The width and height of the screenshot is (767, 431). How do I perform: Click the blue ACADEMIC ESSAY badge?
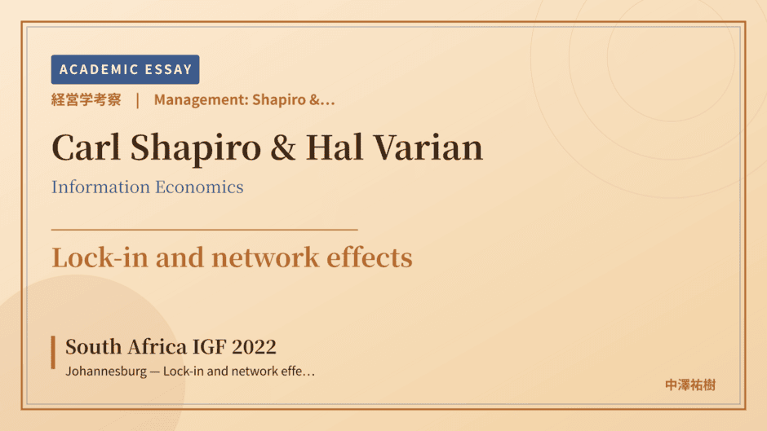point(125,69)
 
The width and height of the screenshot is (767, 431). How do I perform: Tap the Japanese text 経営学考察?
point(86,99)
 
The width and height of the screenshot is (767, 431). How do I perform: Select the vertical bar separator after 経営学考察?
point(137,100)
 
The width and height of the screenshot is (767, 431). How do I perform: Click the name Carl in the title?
point(86,147)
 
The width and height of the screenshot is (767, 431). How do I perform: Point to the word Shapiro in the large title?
point(196,148)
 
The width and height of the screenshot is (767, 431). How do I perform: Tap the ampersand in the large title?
point(283,147)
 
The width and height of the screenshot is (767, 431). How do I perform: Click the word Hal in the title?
point(335,147)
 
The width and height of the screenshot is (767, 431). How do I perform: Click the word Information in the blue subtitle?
point(100,187)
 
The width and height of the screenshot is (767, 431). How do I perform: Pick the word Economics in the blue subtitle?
point(200,187)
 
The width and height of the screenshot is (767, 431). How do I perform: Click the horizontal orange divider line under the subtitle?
point(205,229)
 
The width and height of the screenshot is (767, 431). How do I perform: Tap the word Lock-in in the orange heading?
point(100,257)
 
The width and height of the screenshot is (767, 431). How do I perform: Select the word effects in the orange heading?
point(370,257)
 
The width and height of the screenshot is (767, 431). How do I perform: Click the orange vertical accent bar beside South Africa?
point(53,352)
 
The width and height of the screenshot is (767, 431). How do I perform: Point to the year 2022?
point(254,347)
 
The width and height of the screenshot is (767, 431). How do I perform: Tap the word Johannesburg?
point(106,372)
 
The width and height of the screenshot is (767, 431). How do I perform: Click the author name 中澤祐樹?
point(690,385)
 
